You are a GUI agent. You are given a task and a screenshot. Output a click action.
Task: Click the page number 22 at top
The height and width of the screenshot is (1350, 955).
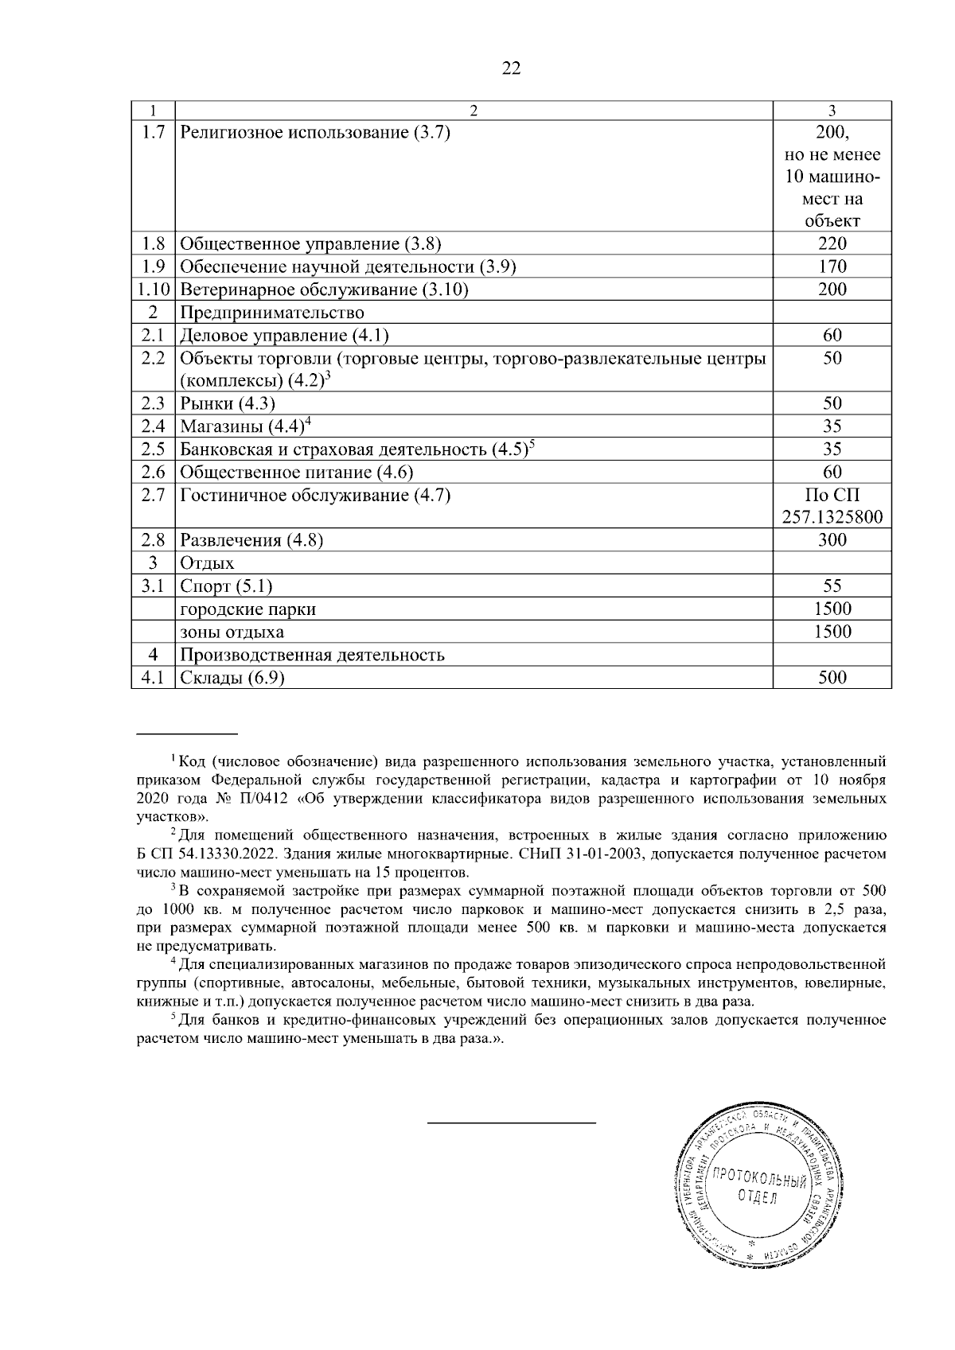click(511, 68)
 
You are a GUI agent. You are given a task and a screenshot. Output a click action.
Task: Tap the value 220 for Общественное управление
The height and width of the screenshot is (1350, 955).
click(832, 243)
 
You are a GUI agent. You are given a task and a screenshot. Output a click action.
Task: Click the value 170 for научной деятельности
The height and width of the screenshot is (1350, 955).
click(832, 266)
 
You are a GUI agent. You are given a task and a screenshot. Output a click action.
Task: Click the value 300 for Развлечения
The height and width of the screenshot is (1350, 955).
click(832, 540)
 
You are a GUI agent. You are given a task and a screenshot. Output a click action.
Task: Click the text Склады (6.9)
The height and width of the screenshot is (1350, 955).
click(232, 678)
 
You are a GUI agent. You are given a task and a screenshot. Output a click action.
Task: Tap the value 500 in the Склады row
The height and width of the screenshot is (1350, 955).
click(832, 678)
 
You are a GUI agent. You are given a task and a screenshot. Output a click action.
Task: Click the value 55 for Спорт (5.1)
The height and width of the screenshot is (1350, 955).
click(832, 586)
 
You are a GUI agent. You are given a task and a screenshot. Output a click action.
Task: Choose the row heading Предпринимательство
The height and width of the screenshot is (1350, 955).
click(272, 313)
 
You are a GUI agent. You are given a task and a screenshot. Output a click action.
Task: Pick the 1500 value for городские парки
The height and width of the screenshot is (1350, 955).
click(832, 609)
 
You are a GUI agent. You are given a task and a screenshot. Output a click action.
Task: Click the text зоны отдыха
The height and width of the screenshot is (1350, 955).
click(232, 632)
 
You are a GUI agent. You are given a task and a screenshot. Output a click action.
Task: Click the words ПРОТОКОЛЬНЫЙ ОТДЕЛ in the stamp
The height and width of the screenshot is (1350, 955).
click(757, 1185)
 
